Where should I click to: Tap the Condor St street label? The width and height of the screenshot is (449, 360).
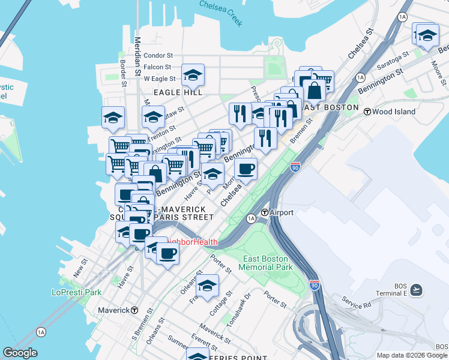click(158, 56)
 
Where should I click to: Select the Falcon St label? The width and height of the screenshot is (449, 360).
click(158, 67)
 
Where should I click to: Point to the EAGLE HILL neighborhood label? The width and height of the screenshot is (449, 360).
click(177, 92)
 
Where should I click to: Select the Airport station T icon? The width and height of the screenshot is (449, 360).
click(265, 212)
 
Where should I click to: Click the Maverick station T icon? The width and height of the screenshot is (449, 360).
click(134, 310)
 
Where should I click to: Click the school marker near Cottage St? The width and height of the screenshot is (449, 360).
click(208, 286)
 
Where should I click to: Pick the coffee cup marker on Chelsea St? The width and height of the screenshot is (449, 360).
click(246, 170)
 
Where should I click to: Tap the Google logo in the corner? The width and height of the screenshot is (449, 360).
click(20, 353)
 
